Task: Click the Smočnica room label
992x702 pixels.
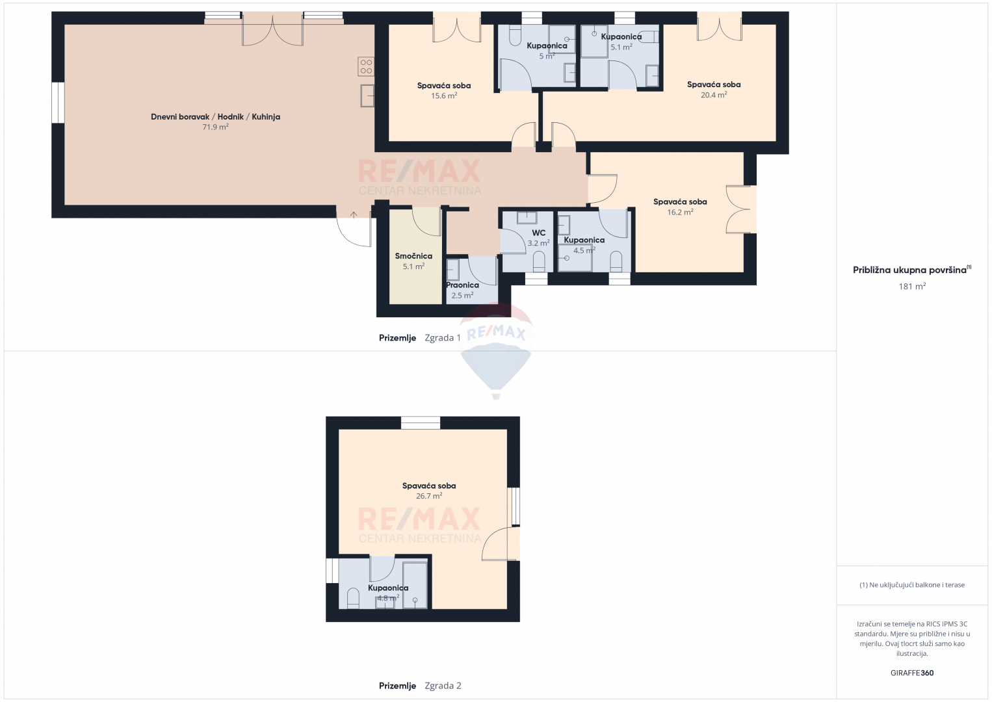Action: (x=413, y=256)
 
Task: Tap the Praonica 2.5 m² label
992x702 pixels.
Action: (x=462, y=290)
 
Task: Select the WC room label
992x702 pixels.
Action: (x=538, y=233)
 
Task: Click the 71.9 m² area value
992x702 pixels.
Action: (x=215, y=127)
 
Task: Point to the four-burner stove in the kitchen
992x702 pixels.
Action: (x=366, y=66)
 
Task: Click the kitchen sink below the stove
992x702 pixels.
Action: (x=367, y=96)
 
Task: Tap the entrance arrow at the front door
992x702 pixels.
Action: (x=354, y=214)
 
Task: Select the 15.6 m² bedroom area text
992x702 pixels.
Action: (x=444, y=96)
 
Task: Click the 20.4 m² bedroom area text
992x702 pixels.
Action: (x=713, y=95)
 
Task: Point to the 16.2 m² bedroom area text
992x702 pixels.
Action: (x=680, y=212)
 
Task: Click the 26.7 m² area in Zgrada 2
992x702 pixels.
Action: (x=428, y=496)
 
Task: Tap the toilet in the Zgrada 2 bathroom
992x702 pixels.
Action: (x=353, y=598)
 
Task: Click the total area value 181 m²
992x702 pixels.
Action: (x=912, y=287)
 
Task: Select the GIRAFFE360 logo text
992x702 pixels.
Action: (x=912, y=673)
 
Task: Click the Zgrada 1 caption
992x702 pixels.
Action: (x=443, y=338)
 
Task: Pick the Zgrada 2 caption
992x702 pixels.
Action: (x=443, y=686)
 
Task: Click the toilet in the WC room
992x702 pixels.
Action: (x=538, y=261)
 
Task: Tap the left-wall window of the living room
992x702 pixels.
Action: (x=58, y=103)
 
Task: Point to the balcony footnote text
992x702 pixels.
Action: (x=912, y=584)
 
